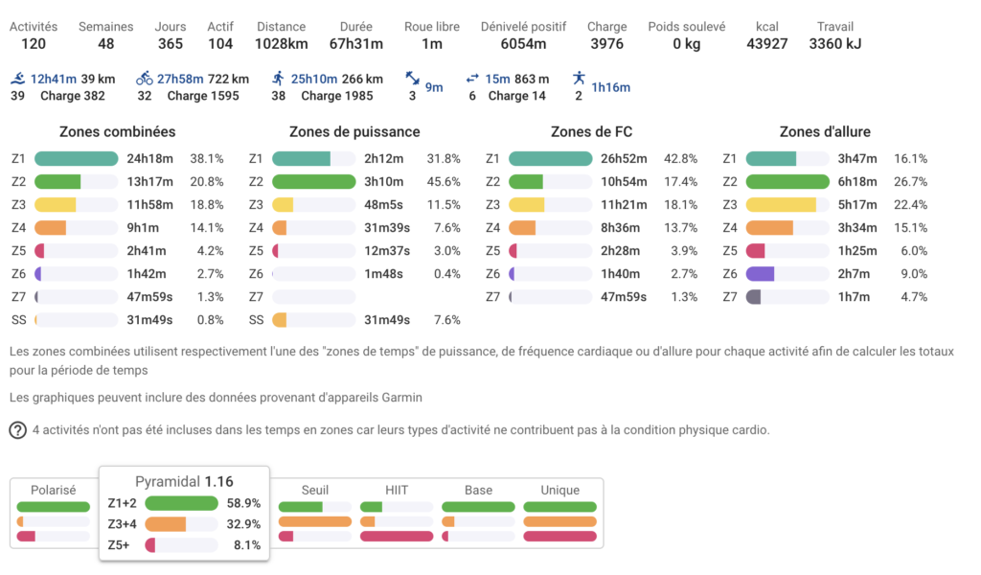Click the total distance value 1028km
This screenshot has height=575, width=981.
[x=281, y=43]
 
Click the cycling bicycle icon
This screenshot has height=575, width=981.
[x=145, y=79]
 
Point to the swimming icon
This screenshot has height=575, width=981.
[x=19, y=79]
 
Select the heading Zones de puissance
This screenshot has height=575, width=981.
[x=354, y=131]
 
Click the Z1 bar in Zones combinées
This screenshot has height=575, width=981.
[x=76, y=159]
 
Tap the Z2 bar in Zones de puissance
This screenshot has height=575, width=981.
[x=313, y=182]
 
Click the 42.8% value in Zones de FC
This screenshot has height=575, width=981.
[x=681, y=159]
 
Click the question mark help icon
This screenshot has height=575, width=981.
[x=17, y=430]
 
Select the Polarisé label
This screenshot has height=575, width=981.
[x=53, y=490]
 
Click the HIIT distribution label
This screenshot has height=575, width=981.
[x=397, y=490]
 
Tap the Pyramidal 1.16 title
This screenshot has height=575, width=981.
[x=184, y=481]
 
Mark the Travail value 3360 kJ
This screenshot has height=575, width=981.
[x=835, y=43]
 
